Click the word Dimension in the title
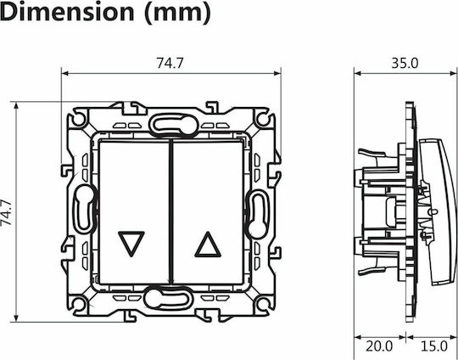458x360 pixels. pos(67,12)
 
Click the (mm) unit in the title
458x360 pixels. pos(178,13)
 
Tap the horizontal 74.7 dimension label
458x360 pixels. pos(170,63)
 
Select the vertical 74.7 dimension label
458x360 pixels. pos(7,212)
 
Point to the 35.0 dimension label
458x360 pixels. pos(405,63)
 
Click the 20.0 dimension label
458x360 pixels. pos(379,346)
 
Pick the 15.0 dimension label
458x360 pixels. pos(434,346)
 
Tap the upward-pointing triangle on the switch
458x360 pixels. pos(208,245)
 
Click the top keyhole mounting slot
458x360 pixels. pos(174,125)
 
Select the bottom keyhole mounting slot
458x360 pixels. pos(169,298)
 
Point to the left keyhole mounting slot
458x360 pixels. pos(85,209)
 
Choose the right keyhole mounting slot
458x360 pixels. pos(257,214)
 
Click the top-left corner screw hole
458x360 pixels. pos(79,118)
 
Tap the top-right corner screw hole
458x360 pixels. pos(263,118)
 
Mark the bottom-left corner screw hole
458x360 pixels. pos(79,304)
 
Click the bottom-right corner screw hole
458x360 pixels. pos(263,304)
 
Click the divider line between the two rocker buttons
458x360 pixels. pos(171,211)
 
